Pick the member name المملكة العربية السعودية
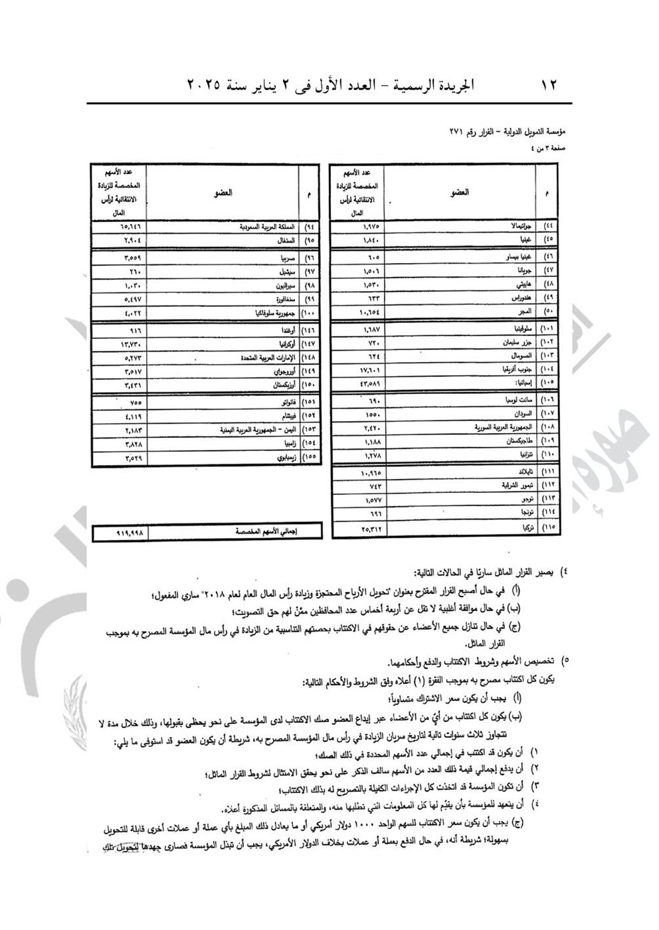[x=266, y=227]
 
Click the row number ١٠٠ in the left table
[x=310, y=312]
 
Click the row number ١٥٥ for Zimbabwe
[x=310, y=459]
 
